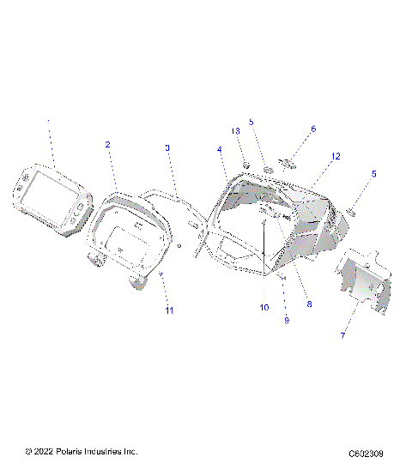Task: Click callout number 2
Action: (x=108, y=145)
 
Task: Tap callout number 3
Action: (x=168, y=148)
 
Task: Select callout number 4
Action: (x=220, y=149)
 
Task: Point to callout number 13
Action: (x=235, y=130)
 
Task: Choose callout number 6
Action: (x=312, y=129)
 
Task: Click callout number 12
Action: (x=336, y=157)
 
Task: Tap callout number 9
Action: (x=286, y=320)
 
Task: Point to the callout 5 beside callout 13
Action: (x=251, y=122)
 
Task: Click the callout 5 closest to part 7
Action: (x=373, y=173)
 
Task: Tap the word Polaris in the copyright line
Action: (x=72, y=451)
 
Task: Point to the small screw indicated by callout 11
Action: (x=161, y=274)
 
